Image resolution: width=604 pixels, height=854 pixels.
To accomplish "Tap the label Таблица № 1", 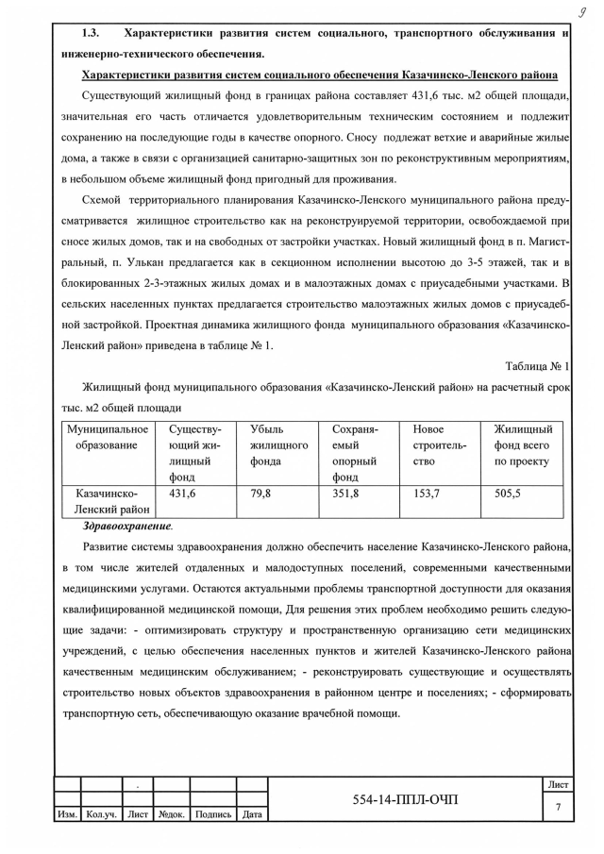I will tap(537, 365).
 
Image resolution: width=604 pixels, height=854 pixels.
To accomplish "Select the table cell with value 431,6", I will tap(182, 494).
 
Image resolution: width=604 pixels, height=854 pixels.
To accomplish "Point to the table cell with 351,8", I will tap(346, 494).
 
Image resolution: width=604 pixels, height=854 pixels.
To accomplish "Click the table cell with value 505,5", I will tap(508, 494).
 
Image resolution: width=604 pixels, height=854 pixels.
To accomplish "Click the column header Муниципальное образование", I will tap(108, 438).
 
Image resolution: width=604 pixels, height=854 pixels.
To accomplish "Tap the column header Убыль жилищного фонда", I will tap(280, 445).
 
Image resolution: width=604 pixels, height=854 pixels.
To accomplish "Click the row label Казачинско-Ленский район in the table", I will tap(108, 502).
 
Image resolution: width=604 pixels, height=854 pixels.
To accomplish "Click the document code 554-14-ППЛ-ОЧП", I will tap(404, 800).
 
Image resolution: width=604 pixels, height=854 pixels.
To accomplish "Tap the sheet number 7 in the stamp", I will tap(558, 807).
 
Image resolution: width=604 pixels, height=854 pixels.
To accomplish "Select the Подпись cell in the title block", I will tap(213, 814).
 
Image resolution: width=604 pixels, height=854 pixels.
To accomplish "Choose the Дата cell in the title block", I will tap(252, 814).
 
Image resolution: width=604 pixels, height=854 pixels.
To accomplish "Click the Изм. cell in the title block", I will tap(68, 814).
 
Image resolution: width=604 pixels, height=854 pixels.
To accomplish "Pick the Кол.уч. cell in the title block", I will tap(100, 814).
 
